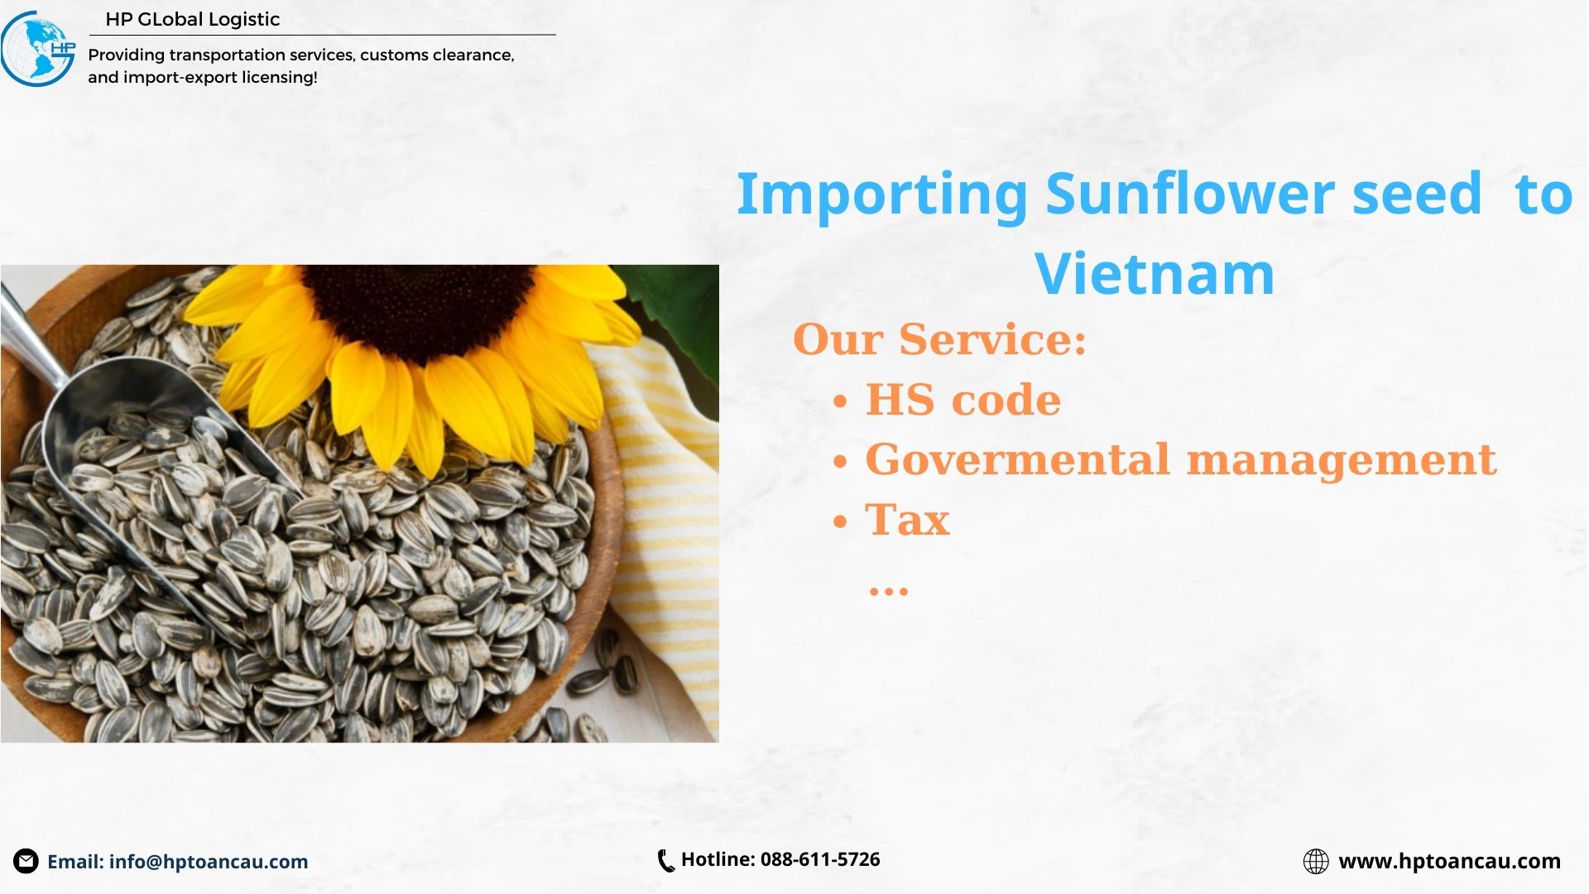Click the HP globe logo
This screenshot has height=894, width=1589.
tap(38, 48)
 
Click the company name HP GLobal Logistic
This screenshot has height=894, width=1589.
tap(193, 19)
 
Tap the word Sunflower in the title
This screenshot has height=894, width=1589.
tap(1189, 194)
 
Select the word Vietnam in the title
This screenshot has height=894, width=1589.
tap(1155, 274)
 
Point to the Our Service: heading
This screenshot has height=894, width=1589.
tap(939, 339)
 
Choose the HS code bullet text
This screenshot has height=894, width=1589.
tap(963, 400)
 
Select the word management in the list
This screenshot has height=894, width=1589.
tap(1342, 461)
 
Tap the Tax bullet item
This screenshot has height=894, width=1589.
tap(908, 521)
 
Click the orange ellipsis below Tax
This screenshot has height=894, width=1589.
tap(889, 591)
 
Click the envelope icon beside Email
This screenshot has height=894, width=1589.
tap(26, 862)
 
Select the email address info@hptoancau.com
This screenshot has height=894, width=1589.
tap(209, 862)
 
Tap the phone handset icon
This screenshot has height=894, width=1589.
tap(665, 861)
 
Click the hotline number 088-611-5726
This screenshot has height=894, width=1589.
tap(820, 859)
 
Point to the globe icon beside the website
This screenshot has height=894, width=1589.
tap(1316, 862)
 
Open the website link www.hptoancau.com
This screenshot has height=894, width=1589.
tap(1450, 862)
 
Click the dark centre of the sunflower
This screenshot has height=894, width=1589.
tap(418, 310)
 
